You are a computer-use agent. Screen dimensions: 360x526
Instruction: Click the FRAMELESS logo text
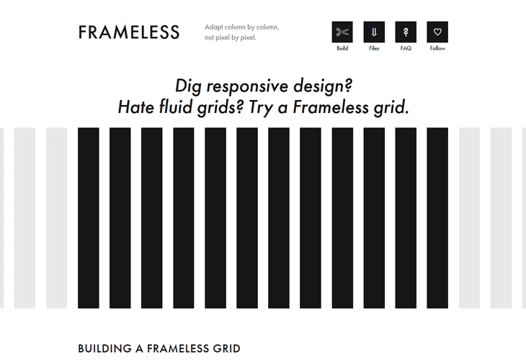129,32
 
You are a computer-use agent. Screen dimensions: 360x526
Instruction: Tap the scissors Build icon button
342,32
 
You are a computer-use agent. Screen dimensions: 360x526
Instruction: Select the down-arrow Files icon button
374,32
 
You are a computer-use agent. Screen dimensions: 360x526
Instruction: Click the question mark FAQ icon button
406,32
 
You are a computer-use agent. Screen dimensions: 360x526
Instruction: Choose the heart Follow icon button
437,32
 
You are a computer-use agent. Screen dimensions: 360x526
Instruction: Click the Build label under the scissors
342,49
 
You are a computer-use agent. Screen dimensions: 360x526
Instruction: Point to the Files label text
374,49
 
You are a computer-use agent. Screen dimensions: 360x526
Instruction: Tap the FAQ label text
406,49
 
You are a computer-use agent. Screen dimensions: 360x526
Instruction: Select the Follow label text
437,49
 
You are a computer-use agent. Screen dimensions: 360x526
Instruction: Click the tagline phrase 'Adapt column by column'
241,27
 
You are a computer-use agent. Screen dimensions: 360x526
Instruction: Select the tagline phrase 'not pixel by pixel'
231,37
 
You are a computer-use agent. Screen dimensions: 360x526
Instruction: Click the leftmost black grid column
89,217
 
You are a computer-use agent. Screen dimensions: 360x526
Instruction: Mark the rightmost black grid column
437,217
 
